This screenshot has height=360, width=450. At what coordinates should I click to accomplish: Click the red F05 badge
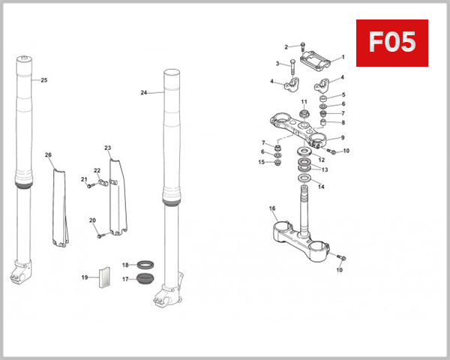(391, 43)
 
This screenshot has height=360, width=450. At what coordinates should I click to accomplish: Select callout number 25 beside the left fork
(43, 80)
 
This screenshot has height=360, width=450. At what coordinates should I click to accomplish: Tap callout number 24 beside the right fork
(143, 93)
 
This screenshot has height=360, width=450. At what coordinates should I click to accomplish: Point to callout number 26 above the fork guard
(48, 156)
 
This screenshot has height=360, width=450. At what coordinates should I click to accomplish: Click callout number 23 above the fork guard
(107, 148)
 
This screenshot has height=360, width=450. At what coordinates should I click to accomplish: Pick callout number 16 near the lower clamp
(272, 208)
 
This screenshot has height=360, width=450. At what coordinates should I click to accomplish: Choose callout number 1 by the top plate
(342, 57)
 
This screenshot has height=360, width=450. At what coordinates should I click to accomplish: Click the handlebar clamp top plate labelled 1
(316, 56)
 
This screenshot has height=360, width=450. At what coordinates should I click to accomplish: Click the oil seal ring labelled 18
(145, 264)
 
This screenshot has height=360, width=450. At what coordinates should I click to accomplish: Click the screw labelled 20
(99, 235)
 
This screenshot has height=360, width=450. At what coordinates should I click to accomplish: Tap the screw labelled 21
(90, 185)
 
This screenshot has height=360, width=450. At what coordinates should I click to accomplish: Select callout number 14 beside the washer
(321, 187)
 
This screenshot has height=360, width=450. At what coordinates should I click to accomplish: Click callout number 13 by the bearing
(325, 169)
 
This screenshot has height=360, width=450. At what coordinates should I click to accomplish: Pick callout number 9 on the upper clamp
(342, 138)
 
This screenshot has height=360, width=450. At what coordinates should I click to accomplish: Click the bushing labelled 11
(304, 113)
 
